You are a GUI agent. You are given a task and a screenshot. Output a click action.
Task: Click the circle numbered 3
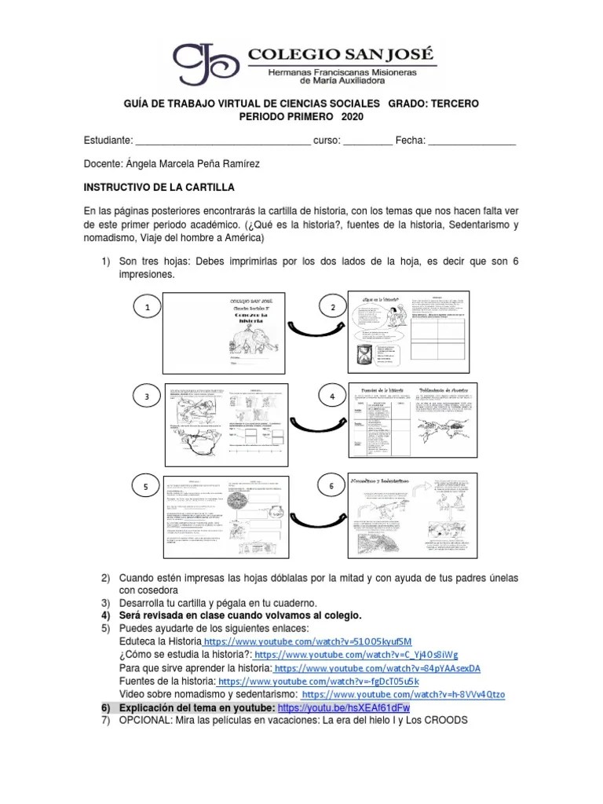coord(147,398)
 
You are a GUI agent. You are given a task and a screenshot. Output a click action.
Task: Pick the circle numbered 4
coord(332,398)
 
